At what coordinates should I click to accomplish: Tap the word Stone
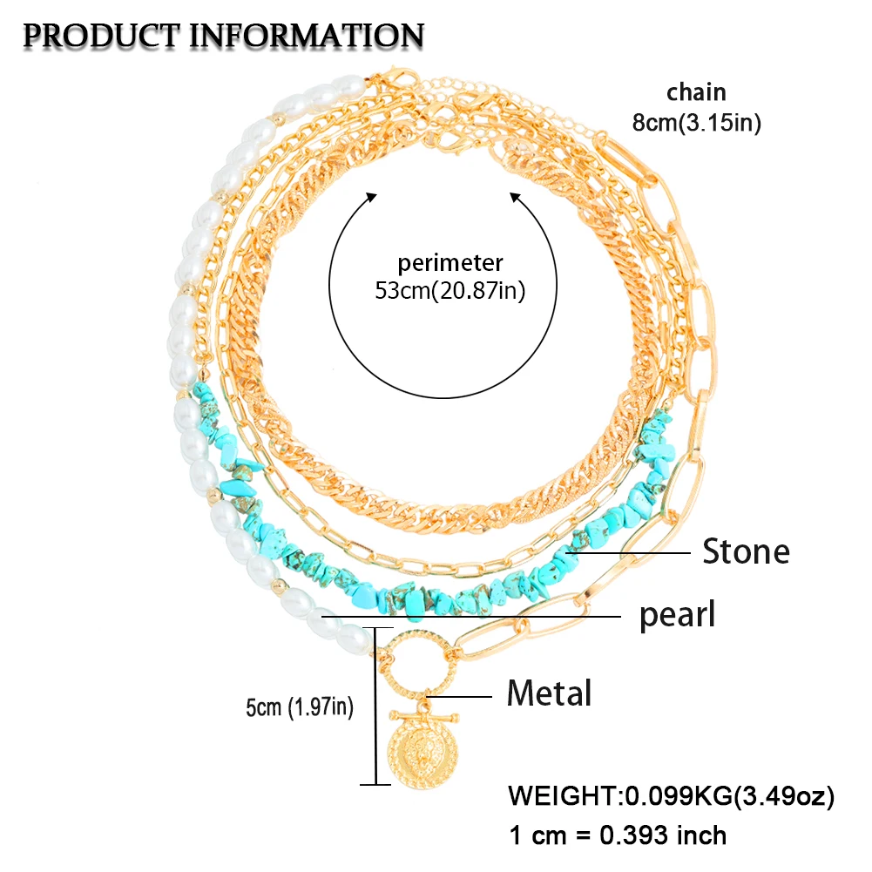(746, 551)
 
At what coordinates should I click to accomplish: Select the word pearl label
(678, 615)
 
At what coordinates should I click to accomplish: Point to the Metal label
(550, 693)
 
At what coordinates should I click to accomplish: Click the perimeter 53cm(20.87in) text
(450, 277)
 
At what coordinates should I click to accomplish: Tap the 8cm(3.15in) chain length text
(697, 123)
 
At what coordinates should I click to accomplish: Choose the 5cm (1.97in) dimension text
(299, 706)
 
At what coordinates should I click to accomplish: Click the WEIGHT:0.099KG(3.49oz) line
(671, 795)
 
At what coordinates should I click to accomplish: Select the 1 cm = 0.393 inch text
(617, 835)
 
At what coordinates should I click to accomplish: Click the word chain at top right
(696, 92)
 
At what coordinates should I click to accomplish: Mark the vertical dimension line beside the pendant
(377, 706)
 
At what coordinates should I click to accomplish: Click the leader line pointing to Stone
(627, 551)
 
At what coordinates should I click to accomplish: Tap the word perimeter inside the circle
(450, 261)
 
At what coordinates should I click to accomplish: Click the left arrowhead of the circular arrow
(373, 199)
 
